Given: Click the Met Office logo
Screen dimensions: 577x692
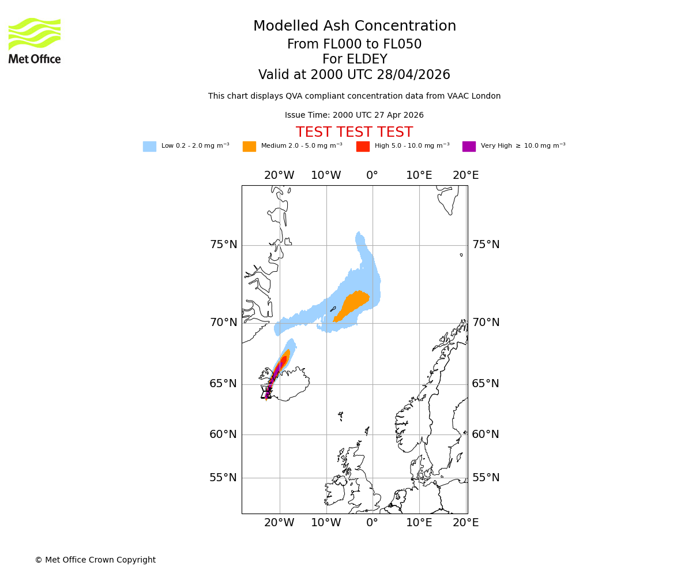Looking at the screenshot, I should tap(35, 40).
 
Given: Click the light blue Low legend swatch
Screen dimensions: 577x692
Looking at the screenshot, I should tap(149, 147).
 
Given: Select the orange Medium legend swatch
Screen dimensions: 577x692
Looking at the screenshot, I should tap(249, 147).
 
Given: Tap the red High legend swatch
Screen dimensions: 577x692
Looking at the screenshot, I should tap(363, 147).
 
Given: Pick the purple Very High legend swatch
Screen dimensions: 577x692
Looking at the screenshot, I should tap(469, 147).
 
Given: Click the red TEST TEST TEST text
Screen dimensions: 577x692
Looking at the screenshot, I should tap(354, 133).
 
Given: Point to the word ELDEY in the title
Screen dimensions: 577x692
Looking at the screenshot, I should tap(368, 59).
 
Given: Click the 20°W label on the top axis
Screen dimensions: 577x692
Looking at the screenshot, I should tap(279, 175).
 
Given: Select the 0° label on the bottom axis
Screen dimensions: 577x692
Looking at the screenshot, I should tap(373, 523).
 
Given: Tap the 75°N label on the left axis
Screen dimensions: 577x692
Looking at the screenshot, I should tap(223, 245).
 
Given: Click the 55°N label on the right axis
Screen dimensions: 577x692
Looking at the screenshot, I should tap(486, 478).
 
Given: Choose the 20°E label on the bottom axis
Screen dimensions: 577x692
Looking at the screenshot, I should tap(465, 523).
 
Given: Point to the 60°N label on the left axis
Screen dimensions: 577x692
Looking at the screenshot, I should tap(223, 434).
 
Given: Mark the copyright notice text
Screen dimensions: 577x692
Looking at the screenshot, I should tap(95, 560).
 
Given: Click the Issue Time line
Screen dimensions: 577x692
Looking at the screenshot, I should tap(354, 115).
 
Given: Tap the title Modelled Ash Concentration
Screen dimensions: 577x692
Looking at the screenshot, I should tap(355, 27).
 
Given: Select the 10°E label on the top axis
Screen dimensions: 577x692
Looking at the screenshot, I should tap(419, 175).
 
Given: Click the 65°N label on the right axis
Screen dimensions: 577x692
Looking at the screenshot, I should tap(486, 384).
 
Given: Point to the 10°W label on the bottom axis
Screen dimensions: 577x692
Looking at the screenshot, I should tap(326, 523).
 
